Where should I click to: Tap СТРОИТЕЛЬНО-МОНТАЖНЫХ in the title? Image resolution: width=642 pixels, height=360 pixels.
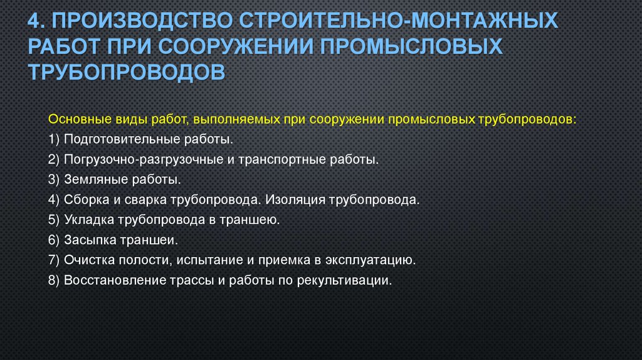click(x=396, y=23)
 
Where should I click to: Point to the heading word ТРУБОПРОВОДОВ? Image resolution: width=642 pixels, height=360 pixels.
click(x=127, y=71)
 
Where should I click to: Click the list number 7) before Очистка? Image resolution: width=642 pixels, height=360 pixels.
click(x=53, y=260)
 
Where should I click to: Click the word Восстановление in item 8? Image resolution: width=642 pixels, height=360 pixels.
click(x=110, y=280)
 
